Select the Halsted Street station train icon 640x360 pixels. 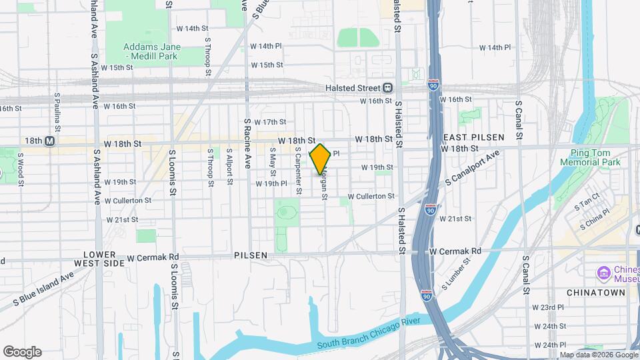(387, 88)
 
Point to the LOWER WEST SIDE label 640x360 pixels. (104, 259)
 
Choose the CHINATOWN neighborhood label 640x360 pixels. (596, 293)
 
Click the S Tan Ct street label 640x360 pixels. (589, 200)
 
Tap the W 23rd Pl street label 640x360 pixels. (548, 307)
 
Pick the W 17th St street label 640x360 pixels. (270, 122)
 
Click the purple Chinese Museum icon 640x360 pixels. (604, 273)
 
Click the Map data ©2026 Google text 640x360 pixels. (598, 355)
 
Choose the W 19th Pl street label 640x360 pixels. (271, 183)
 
